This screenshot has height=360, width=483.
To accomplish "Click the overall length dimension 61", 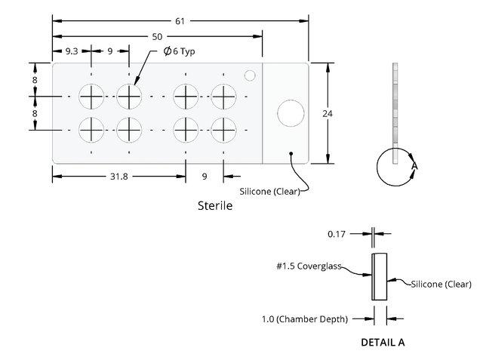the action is click(180, 21).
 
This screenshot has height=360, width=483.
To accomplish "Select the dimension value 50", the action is click(157, 37).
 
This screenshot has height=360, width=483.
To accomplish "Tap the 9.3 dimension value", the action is click(72, 51).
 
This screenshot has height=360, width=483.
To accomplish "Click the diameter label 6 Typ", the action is click(179, 51).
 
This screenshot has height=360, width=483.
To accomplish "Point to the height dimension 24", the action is click(328, 114).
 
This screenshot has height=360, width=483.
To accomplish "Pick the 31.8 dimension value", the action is click(119, 177).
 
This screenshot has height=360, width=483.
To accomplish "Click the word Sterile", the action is click(215, 205).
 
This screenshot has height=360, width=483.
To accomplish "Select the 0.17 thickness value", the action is click(337, 234).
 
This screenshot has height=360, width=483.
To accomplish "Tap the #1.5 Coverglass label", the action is click(309, 266).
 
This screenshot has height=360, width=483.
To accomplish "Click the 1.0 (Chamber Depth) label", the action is click(305, 319).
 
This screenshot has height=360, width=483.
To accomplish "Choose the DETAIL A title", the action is click(383, 342).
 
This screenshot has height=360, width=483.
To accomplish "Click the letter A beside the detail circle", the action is click(414, 166).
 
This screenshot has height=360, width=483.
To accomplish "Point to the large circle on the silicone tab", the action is click(291, 113).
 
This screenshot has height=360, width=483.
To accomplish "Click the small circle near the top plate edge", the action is click(250, 75).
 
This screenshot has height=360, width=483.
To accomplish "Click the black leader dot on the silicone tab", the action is click(291, 153).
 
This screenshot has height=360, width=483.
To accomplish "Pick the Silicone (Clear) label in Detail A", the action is click(441, 284).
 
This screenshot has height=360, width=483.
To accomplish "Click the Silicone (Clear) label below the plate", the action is click(270, 191).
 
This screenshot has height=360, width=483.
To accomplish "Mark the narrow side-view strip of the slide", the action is click(395, 113).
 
